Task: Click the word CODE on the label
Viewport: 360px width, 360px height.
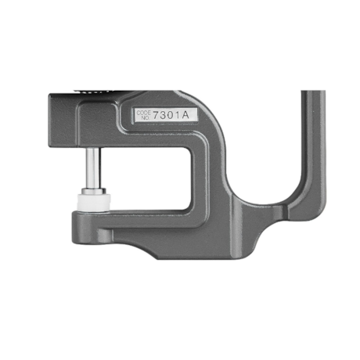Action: click(x=143, y=112)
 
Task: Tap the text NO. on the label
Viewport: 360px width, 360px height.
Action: click(x=143, y=118)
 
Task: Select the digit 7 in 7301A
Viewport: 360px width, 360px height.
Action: click(x=157, y=116)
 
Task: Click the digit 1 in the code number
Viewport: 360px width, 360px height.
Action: click(x=182, y=116)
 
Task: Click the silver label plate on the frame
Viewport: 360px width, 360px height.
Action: click(x=164, y=115)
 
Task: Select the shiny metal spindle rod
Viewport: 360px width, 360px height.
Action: click(x=93, y=165)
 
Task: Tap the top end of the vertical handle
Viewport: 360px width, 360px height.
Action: click(x=313, y=93)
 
